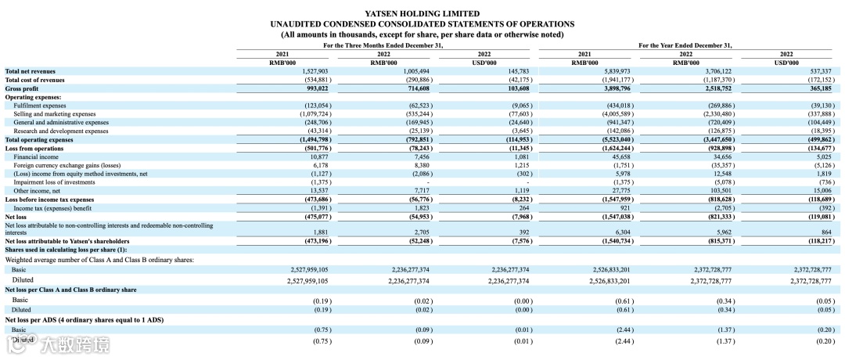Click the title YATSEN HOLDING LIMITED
pyautogui.click(x=422, y=13)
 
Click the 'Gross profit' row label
pyautogui.click(x=23, y=88)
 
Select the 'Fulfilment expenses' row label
pyautogui.click(x=40, y=105)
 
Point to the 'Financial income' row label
pyautogui.click(x=34, y=157)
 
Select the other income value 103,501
pyautogui.click(x=718, y=190)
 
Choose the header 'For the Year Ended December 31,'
pyautogui.click(x=685, y=45)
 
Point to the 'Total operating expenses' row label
pyautogui.click(x=38, y=139)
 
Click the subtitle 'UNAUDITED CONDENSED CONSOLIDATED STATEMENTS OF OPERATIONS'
pyautogui.click(x=422, y=24)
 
